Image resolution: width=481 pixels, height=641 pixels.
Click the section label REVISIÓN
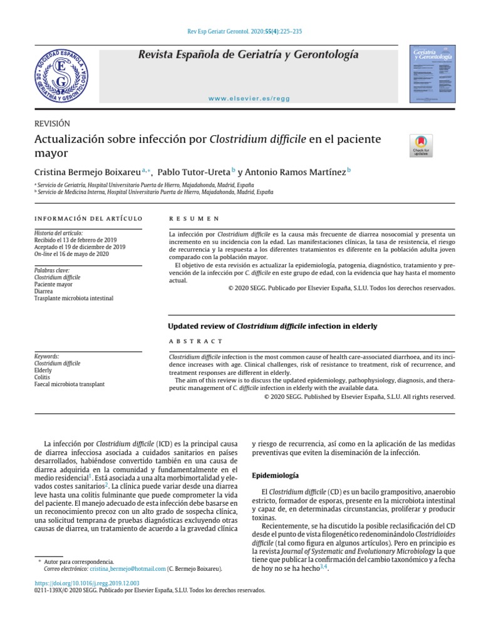(x=52, y=124)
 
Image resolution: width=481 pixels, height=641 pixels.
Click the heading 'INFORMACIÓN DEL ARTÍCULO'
(x=88, y=218)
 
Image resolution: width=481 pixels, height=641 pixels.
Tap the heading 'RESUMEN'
(x=194, y=218)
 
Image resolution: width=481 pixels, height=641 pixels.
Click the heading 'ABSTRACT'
(x=196, y=341)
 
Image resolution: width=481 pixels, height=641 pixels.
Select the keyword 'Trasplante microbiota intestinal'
(x=74, y=299)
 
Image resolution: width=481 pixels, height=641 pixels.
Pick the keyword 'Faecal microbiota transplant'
(x=70, y=384)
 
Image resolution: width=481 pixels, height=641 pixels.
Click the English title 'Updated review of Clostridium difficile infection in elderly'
(x=273, y=326)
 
